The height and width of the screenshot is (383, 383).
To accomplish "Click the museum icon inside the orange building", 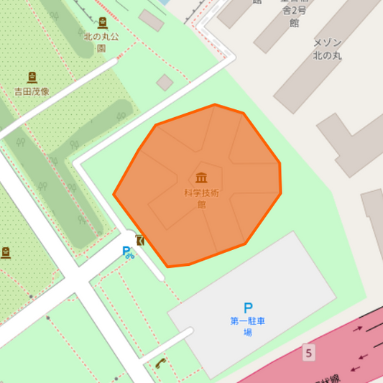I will [201, 177].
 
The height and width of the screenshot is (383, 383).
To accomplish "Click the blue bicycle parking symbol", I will [127, 252].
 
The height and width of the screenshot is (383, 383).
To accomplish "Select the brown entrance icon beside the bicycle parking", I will [139, 241].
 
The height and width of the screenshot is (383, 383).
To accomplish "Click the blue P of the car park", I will [248, 308].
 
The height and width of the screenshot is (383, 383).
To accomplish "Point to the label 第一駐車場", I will [248, 326].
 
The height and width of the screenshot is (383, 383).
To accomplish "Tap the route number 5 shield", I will [308, 353].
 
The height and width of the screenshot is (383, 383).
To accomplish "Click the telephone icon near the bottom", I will [160, 363].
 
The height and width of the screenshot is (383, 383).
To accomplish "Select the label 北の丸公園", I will [101, 42].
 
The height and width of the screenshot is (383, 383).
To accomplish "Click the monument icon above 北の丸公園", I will [102, 23].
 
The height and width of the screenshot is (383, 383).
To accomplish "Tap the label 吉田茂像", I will [32, 91].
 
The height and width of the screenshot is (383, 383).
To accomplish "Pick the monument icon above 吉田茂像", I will [32, 77].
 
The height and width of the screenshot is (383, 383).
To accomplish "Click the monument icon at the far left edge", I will [6, 252].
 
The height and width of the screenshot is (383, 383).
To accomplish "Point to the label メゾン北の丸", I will [327, 49].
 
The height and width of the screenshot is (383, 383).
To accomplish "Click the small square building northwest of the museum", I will [165, 82].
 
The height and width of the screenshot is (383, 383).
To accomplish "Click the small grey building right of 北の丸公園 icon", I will [151, 19].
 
